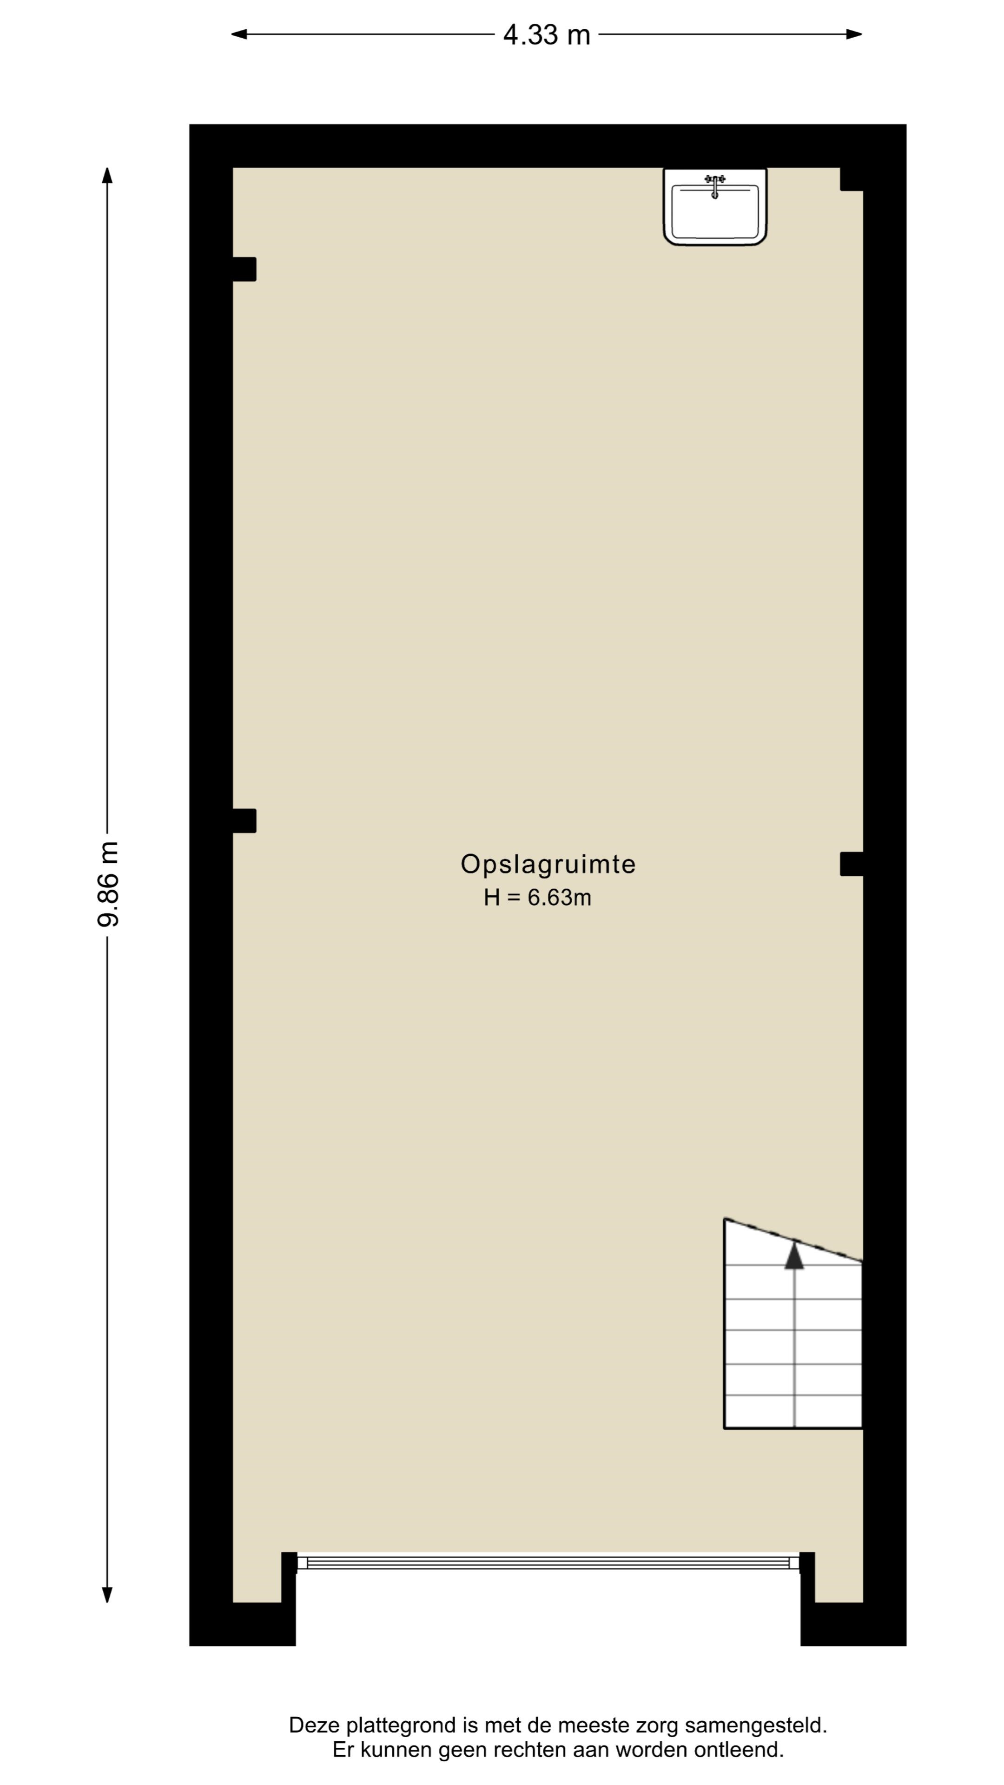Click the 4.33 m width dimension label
546,35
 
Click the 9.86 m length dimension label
108,884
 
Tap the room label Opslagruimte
548,864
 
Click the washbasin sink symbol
715,206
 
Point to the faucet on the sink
715,186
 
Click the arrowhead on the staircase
794,1255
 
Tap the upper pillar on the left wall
244,269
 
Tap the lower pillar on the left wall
244,820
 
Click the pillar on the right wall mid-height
852,864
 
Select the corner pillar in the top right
852,179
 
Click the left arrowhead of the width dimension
239,34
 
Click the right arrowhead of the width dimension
854,34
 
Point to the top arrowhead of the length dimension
107,175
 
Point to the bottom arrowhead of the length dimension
107,1594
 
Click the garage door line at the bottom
548,1562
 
